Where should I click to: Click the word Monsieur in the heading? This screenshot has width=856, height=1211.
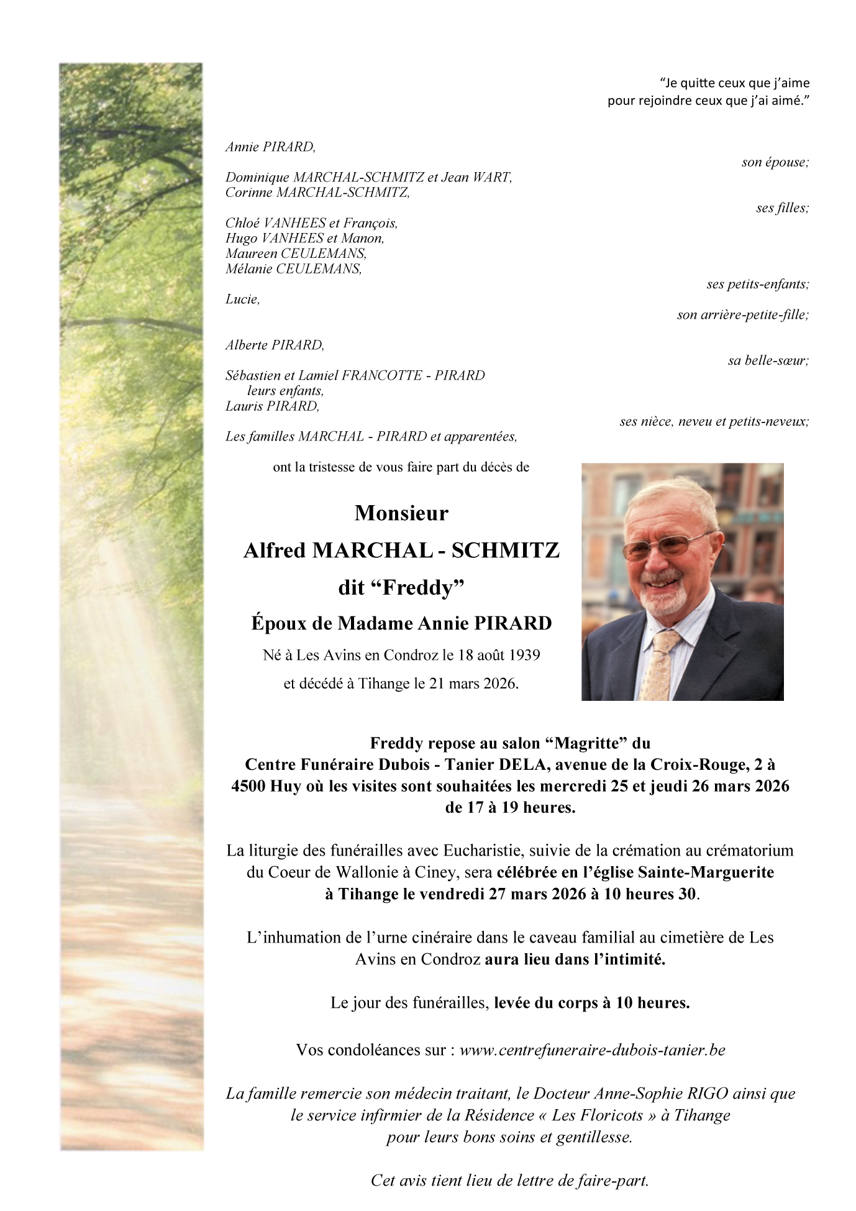401,513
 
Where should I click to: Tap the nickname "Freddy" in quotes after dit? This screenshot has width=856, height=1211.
422,587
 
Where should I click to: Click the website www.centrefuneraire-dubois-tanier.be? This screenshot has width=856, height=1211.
592,1049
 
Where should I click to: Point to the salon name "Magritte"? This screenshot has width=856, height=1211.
587,743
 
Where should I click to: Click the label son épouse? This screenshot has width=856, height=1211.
775,162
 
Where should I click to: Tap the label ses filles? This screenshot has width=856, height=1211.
782,208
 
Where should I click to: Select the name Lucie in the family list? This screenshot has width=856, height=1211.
242,299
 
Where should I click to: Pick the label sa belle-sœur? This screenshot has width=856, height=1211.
768,360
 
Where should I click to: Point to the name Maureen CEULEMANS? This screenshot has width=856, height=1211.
296,254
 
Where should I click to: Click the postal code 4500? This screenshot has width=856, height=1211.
248,786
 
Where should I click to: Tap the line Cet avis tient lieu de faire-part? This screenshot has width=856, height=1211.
509,1180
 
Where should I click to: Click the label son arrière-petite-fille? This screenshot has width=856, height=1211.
743,315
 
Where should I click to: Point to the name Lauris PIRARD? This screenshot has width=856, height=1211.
272,406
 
